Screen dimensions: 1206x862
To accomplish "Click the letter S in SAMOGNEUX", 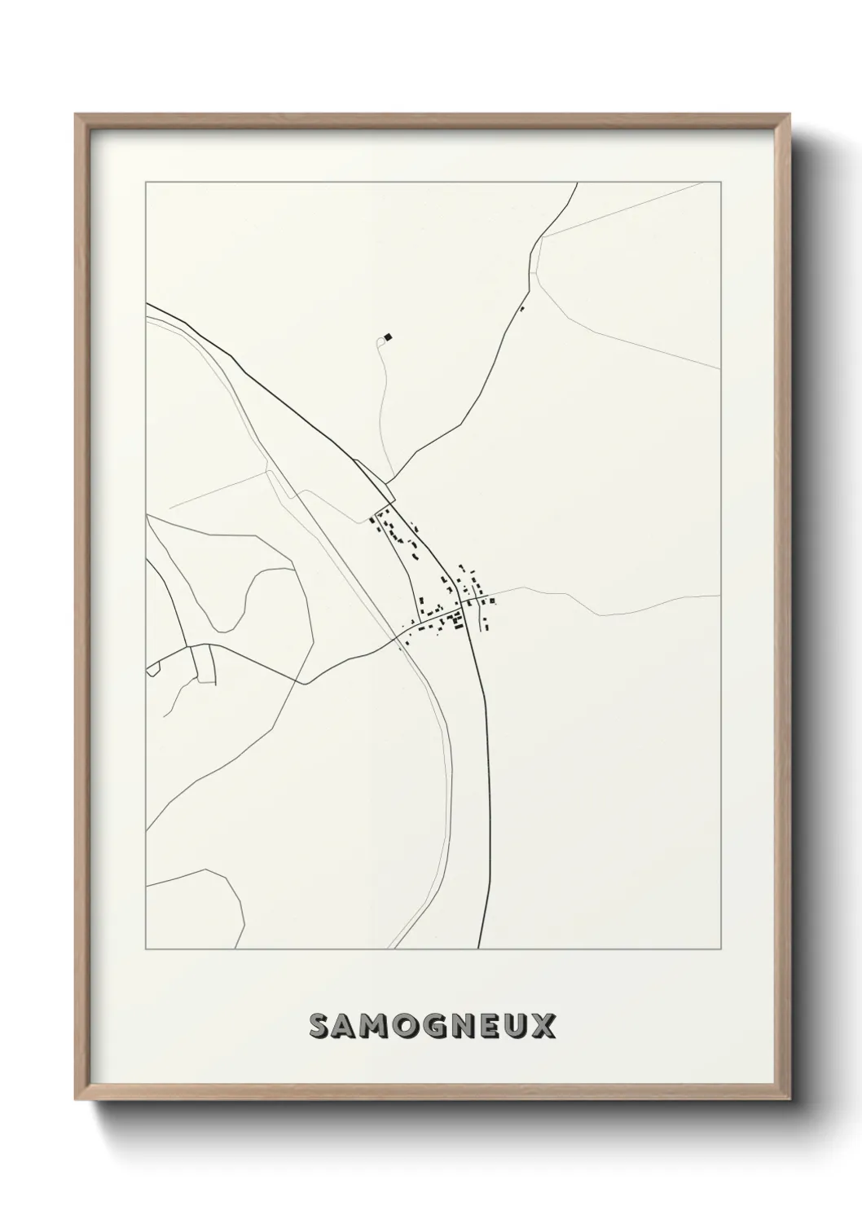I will (x=319, y=1028).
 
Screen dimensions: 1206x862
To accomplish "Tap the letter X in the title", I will (x=545, y=1028).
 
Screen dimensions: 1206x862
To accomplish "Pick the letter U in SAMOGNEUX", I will (x=517, y=1028).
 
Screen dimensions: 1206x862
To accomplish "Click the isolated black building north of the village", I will (x=389, y=336).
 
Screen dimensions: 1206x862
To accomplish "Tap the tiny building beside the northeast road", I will (x=522, y=308).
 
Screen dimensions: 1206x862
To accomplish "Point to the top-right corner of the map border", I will (x=720, y=183).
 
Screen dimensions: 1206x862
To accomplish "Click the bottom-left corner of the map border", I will (x=146, y=949).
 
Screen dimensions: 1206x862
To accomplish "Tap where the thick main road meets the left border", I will (x=147, y=305).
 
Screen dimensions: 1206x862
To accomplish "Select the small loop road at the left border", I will (x=152, y=668).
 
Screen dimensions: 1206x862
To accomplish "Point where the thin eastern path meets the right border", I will (x=719, y=596).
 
